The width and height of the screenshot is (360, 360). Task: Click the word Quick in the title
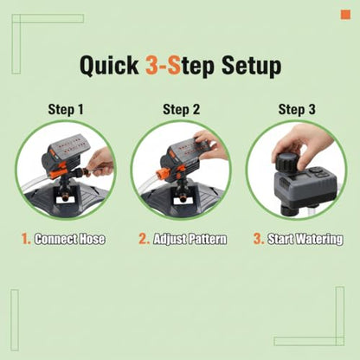click(x=109, y=66)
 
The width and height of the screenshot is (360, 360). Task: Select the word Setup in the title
click(x=251, y=67)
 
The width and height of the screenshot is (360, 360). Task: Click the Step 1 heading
click(x=66, y=110)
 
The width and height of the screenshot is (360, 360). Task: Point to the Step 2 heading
click(x=181, y=110)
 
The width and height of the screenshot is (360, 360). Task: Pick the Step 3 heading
click(x=297, y=110)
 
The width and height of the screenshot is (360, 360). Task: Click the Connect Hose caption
click(x=69, y=239)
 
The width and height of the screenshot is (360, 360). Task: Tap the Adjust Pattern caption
click(x=190, y=240)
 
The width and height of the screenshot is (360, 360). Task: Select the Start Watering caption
click(x=305, y=240)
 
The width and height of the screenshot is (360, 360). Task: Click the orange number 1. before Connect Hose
click(x=26, y=239)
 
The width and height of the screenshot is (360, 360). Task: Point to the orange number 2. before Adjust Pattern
click(x=144, y=239)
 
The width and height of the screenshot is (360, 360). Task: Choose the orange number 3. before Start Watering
click(x=259, y=239)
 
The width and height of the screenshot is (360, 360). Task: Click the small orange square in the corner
click(x=345, y=15)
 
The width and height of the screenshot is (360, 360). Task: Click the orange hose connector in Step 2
click(x=161, y=176)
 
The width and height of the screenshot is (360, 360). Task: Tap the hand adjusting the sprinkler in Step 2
click(x=211, y=145)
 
